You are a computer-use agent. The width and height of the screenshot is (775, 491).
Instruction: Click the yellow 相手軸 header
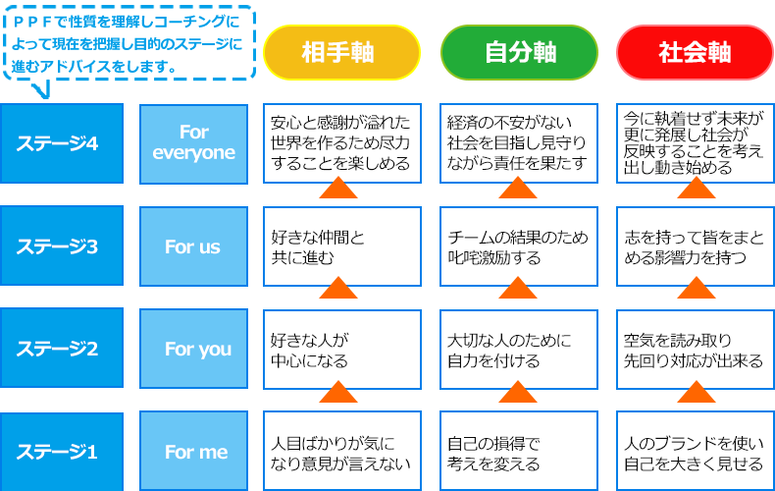[x=341, y=51]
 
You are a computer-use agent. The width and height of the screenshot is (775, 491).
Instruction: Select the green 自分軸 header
[x=519, y=51]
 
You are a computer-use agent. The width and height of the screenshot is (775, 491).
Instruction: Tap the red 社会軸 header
[x=696, y=51]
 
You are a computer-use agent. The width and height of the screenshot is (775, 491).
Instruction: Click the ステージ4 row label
[x=62, y=143]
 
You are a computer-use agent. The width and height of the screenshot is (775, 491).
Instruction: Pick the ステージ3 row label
[x=62, y=246]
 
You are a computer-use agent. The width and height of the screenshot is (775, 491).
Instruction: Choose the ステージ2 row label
[x=62, y=349]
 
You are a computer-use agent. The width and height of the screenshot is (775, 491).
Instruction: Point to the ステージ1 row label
[x=62, y=452]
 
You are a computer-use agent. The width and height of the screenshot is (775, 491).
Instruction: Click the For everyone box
[x=194, y=143]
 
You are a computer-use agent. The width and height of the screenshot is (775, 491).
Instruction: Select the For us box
[x=194, y=246]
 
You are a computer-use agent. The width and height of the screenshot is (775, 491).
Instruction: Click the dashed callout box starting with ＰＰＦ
[x=129, y=42]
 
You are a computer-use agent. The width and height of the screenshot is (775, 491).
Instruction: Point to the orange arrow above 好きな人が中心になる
[x=338, y=288]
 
